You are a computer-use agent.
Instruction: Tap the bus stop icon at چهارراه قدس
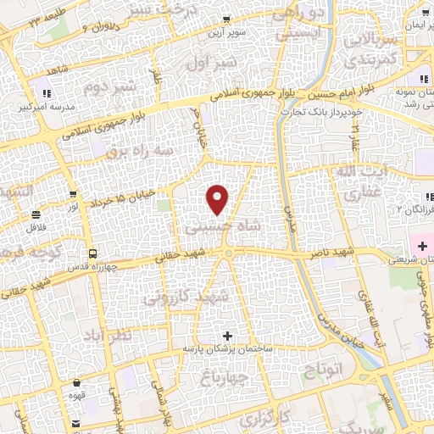pyautogui.click(x=92, y=253)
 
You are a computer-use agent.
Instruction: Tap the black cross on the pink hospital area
pyautogui.click(x=422, y=245)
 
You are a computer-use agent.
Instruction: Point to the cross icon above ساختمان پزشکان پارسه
pyautogui.click(x=226, y=336)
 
